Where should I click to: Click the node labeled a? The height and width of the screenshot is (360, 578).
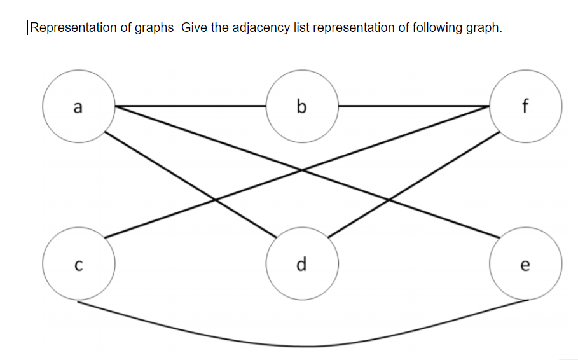[78, 106]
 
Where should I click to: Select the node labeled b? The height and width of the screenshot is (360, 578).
[302, 106]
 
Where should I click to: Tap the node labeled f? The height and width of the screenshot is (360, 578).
[525, 106]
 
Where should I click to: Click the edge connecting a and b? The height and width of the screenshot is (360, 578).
[191, 106]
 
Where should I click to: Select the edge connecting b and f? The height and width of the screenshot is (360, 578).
[413, 106]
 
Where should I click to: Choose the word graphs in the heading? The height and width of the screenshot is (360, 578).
[153, 28]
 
